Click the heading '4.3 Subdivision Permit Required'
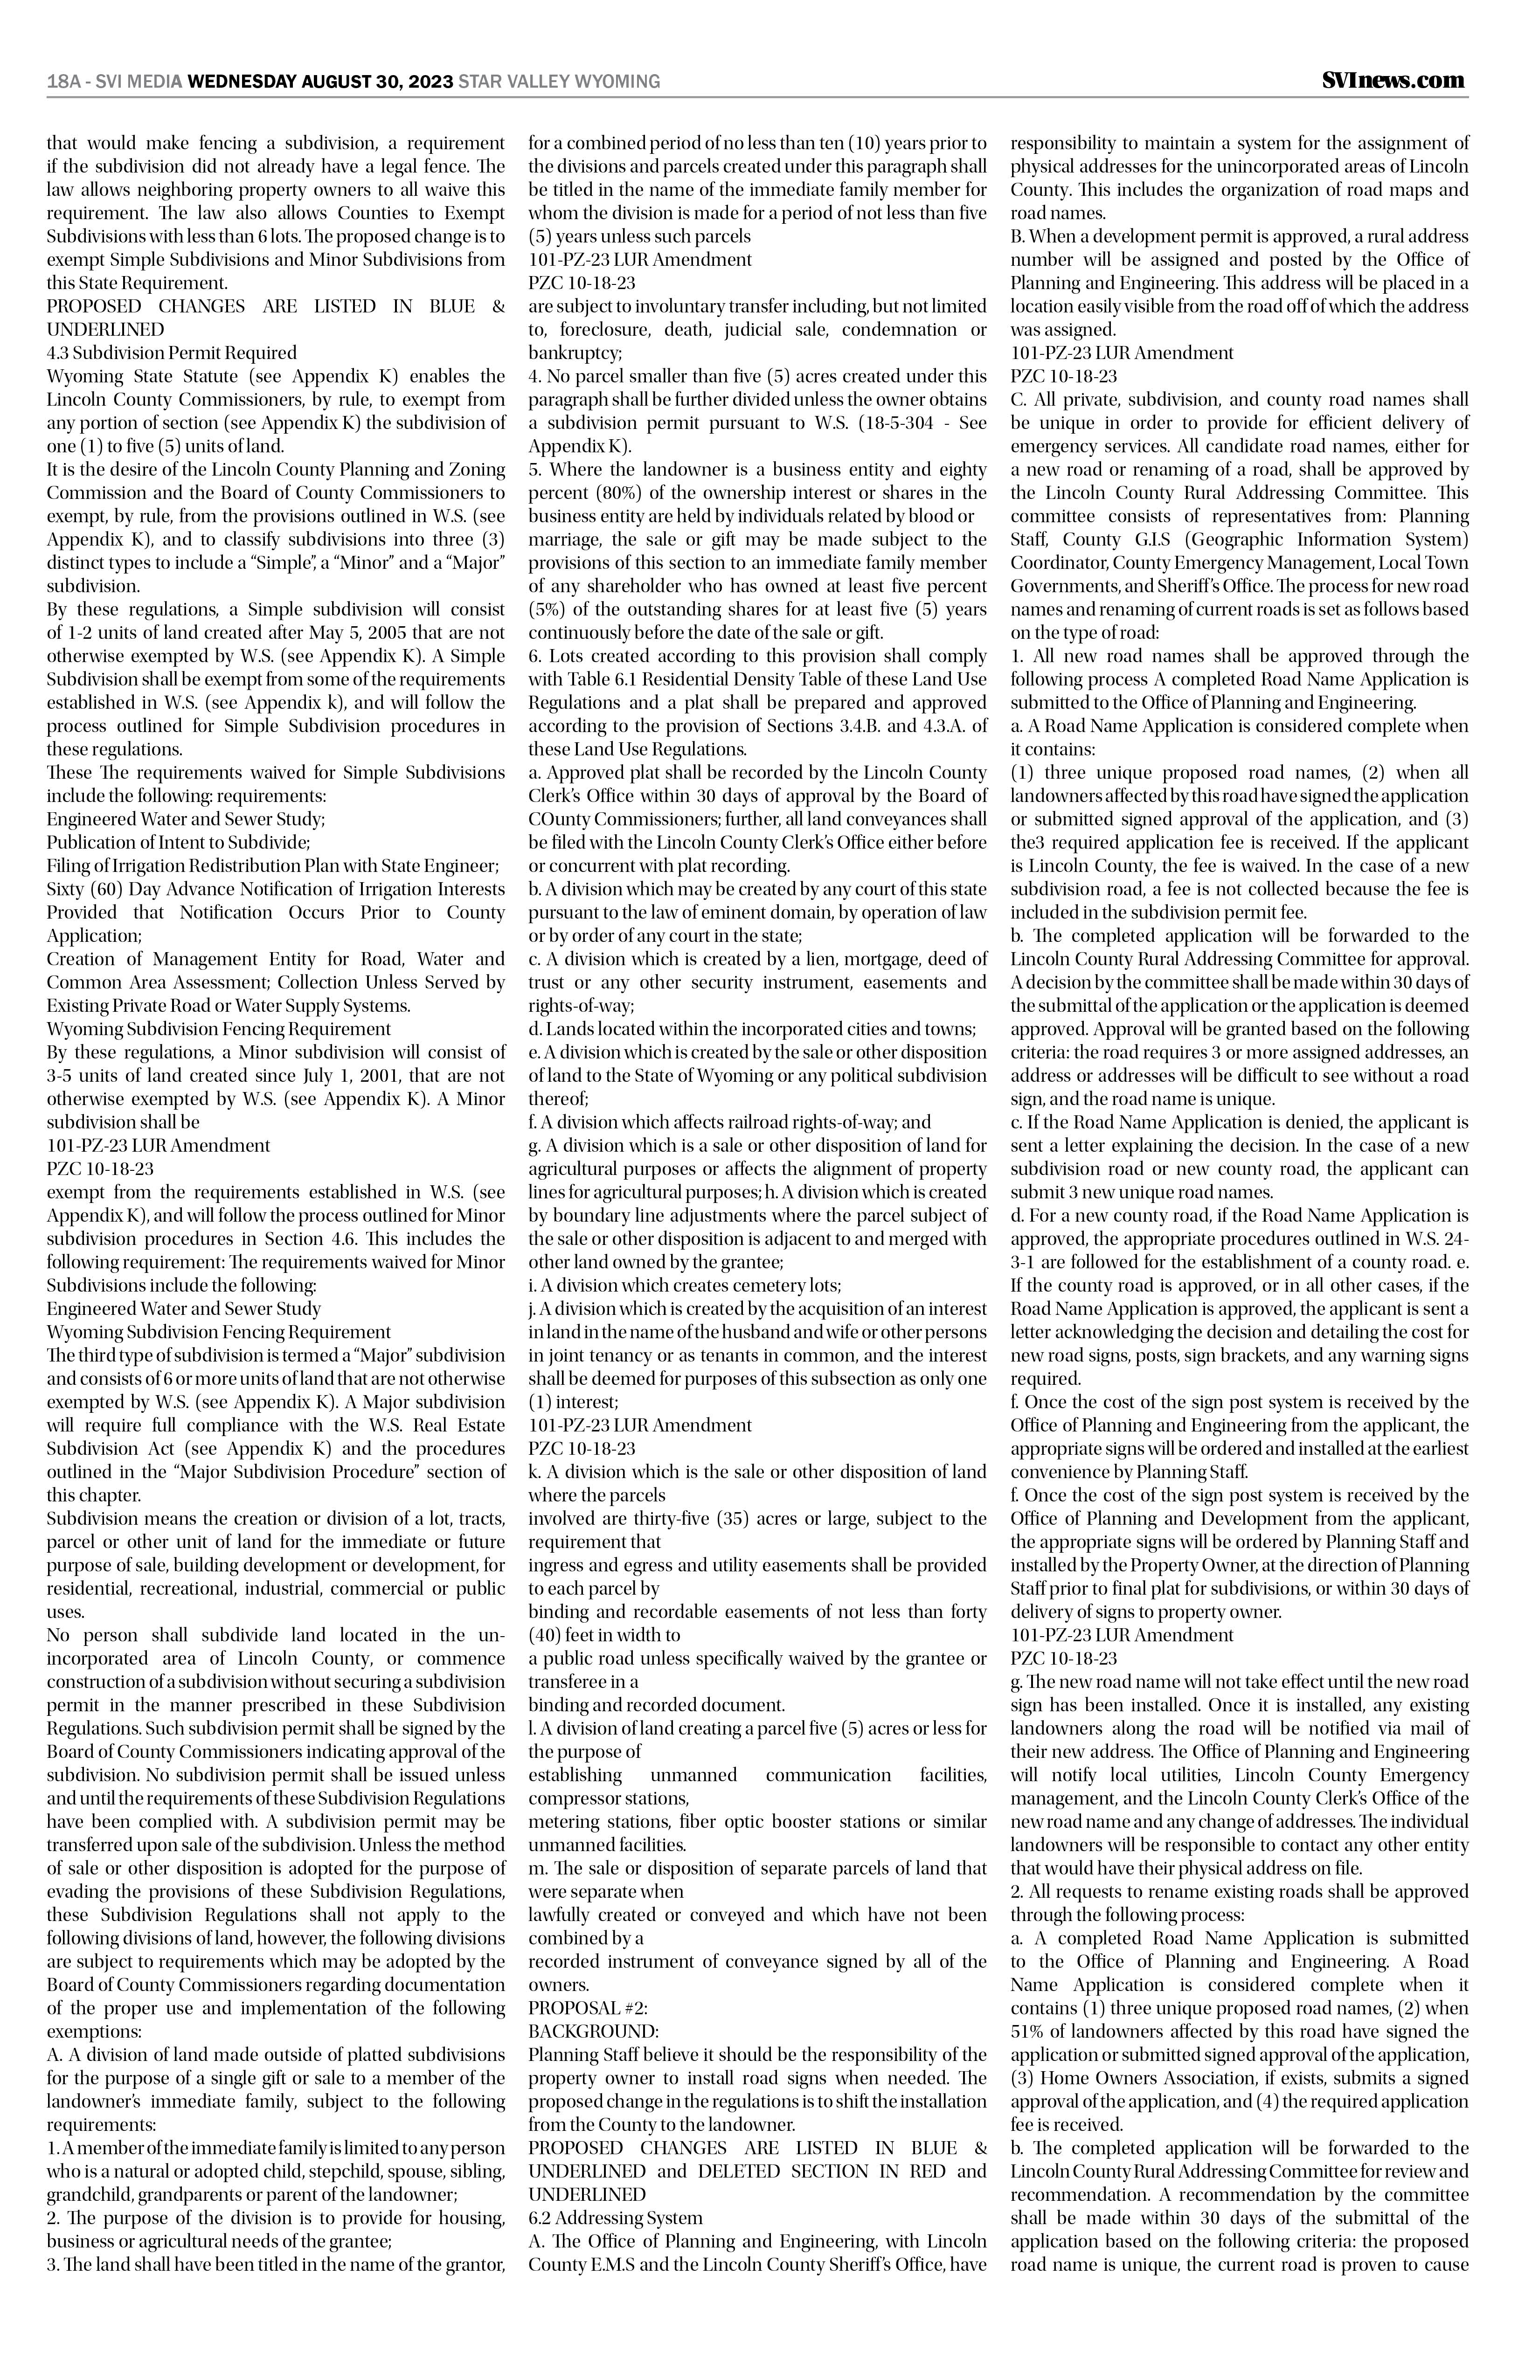[x=172, y=353]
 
